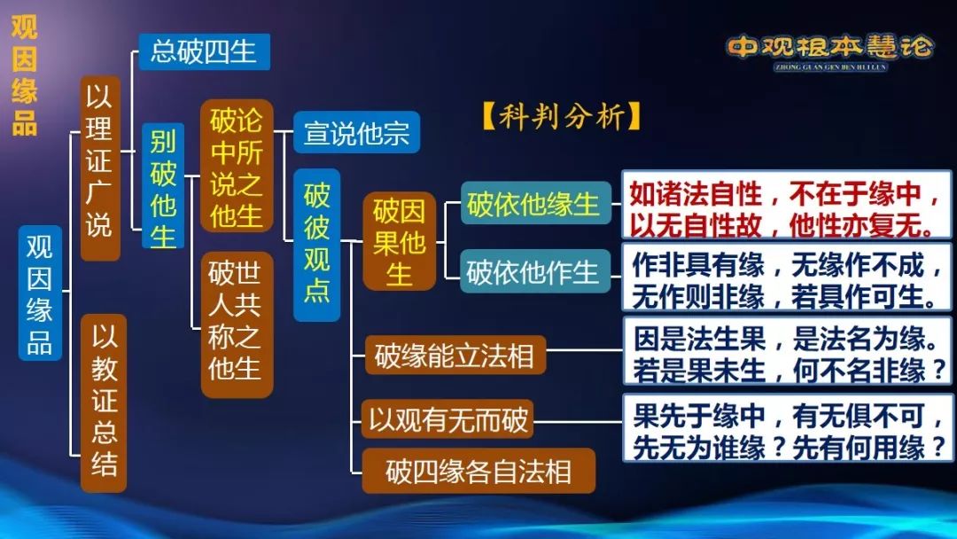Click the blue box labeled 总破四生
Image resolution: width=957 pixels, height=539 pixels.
204,51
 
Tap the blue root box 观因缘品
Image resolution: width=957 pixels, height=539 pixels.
40,293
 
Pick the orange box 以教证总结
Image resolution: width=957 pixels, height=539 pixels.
104,402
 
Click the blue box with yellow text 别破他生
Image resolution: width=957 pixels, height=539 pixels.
163,186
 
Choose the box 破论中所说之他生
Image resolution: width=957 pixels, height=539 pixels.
237,166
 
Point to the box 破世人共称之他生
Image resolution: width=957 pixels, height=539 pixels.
237,324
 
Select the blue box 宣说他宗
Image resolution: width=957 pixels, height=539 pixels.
356,132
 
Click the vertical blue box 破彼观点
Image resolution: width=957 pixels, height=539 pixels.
316,245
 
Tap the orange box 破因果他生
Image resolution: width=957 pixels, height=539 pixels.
399,241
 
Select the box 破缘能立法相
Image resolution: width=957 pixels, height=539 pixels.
455,355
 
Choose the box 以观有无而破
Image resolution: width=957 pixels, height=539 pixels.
447,418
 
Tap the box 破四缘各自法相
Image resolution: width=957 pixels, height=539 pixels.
478,471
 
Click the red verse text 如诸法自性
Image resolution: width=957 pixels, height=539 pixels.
786,208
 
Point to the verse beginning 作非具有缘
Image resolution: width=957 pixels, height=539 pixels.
786,279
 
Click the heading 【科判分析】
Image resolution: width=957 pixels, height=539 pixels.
562,115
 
